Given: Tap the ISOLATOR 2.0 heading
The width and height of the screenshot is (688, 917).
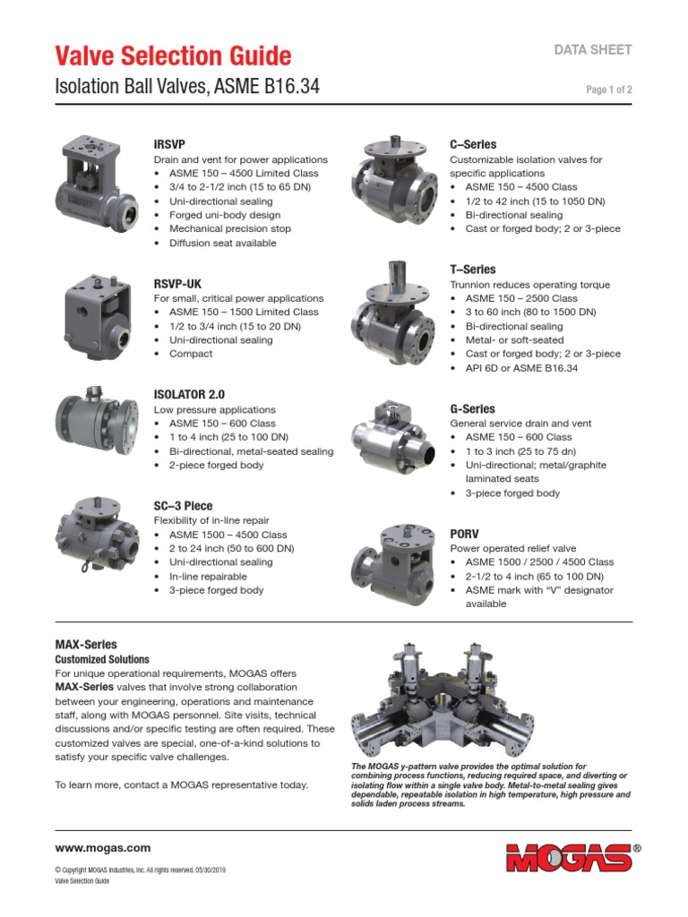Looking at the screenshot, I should pyautogui.click(x=190, y=394).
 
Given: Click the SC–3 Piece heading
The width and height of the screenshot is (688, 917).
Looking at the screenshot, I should pyautogui.click(x=184, y=506).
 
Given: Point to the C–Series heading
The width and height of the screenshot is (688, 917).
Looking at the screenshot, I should pyautogui.click(x=472, y=144).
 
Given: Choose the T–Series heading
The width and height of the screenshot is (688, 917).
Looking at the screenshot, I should pyautogui.click(x=472, y=270).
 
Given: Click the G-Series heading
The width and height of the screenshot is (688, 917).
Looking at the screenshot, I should pyautogui.click(x=472, y=408).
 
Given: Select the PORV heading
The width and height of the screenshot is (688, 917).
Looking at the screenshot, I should pyautogui.click(x=466, y=534).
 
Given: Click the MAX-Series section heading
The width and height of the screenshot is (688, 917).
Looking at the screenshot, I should pyautogui.click(x=86, y=644).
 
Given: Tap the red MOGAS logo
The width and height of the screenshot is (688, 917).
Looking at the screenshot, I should pyautogui.click(x=570, y=857).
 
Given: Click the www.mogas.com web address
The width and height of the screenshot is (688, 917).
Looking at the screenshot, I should pyautogui.click(x=103, y=848).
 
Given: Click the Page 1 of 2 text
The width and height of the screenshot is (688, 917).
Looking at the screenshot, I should pyautogui.click(x=609, y=90).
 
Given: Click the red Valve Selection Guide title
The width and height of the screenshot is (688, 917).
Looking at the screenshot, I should pyautogui.click(x=173, y=56).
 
